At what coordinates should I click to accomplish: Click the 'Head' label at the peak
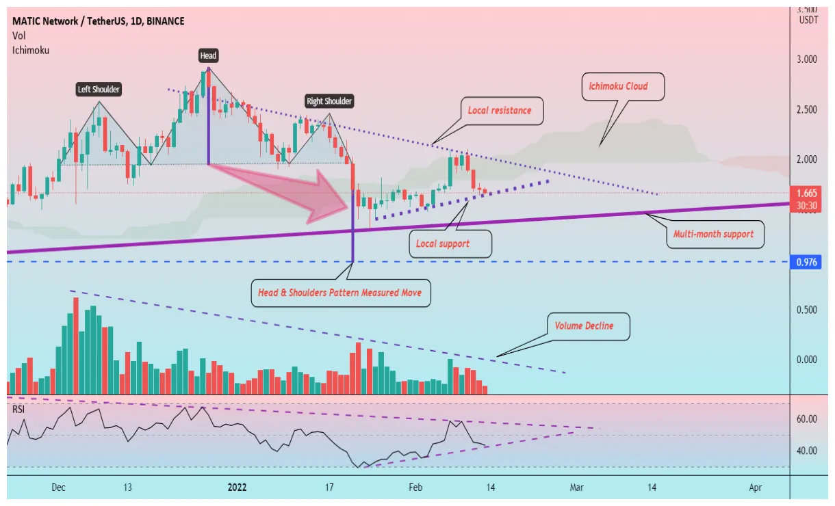pyautogui.click(x=208, y=55)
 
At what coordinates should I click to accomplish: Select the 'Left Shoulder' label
pyautogui.click(x=98, y=89)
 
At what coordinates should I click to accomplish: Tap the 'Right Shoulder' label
pyautogui.click(x=329, y=101)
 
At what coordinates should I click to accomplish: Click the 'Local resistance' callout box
pyautogui.click(x=499, y=111)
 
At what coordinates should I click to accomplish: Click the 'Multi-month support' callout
pyautogui.click(x=714, y=234)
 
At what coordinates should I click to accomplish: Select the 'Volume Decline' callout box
pyautogui.click(x=584, y=326)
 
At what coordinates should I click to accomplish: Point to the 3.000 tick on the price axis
pyautogui.click(x=808, y=59)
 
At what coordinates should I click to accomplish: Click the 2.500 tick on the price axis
pyautogui.click(x=808, y=109)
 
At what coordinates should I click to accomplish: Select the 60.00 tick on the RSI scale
pyautogui.click(x=808, y=419)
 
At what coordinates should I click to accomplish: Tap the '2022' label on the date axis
pyautogui.click(x=237, y=488)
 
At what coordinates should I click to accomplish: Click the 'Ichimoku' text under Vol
pyautogui.click(x=30, y=50)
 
